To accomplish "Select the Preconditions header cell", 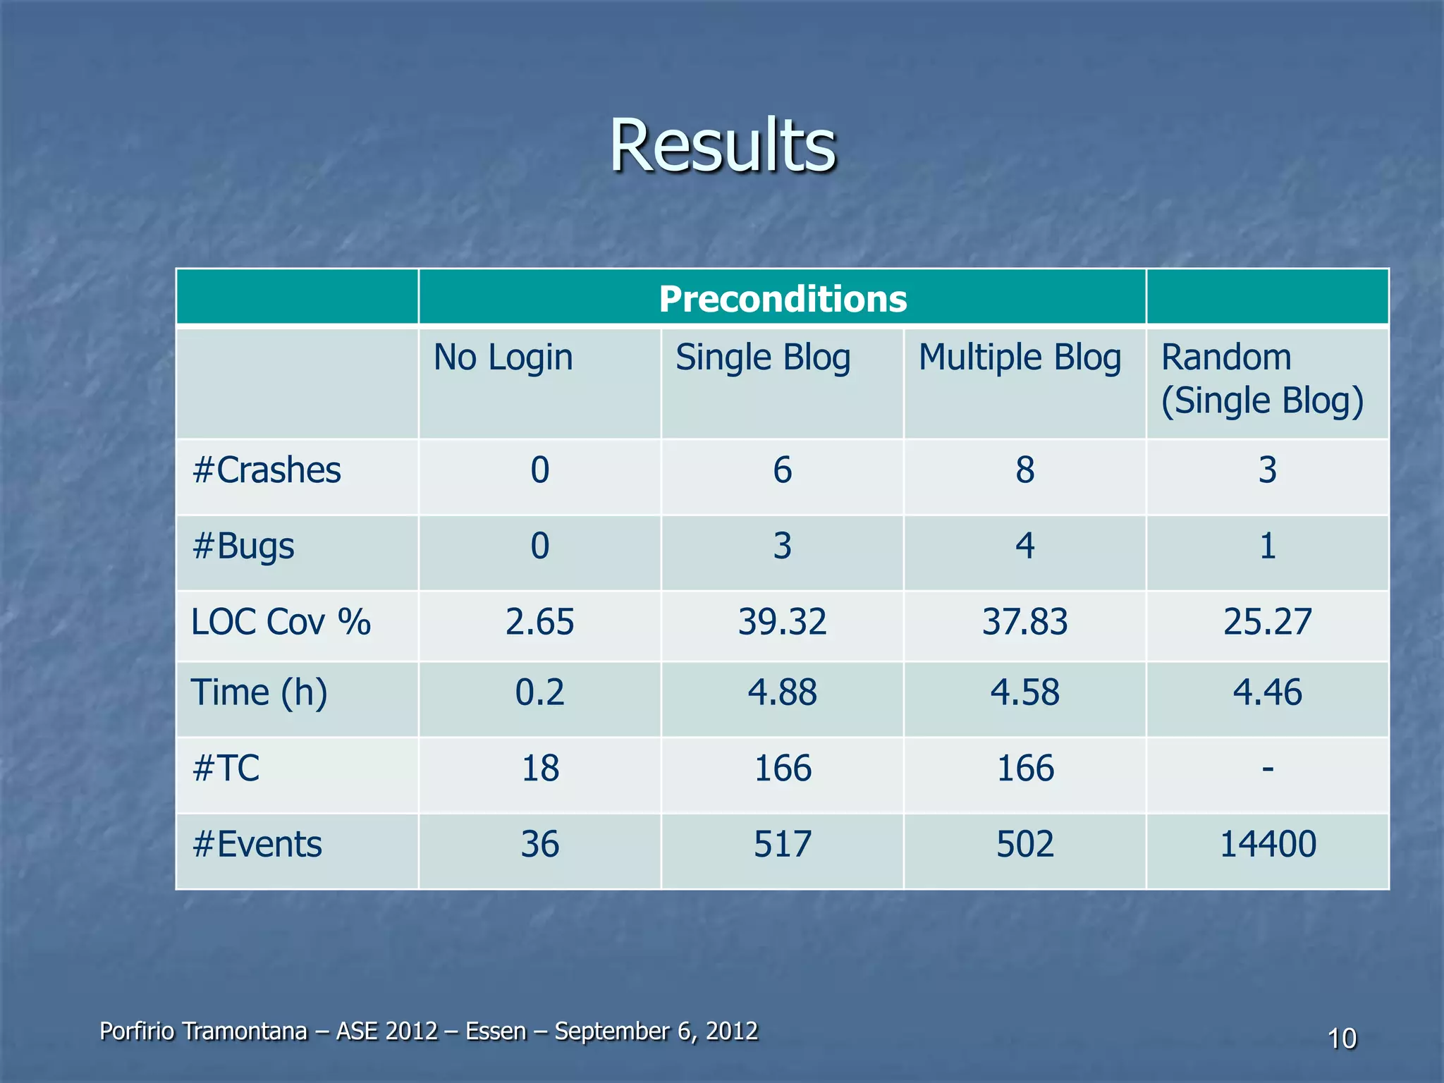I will (x=782, y=299).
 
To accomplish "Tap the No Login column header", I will (x=503, y=357).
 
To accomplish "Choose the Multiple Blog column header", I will (x=1020, y=357).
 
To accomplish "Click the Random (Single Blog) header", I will (x=1261, y=379).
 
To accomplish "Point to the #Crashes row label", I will (x=267, y=470).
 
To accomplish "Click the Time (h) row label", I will (x=259, y=692).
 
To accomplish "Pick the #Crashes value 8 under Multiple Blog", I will (x=1024, y=470).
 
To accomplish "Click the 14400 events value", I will (x=1267, y=845).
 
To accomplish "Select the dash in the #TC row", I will (x=1267, y=768).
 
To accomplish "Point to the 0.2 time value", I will (x=539, y=692).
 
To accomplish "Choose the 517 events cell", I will (x=782, y=845).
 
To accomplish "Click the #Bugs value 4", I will (x=1024, y=546).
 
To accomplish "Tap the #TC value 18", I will (x=539, y=769).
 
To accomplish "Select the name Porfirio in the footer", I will (x=137, y=1032).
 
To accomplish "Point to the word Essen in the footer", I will (x=496, y=1032).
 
